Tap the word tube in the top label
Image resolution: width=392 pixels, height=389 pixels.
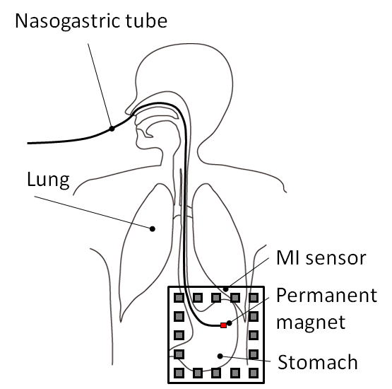tap(146, 21)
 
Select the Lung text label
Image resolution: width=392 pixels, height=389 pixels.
tap(48, 180)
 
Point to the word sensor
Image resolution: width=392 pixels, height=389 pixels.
tap(336, 259)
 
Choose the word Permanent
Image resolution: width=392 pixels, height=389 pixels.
tap(327, 296)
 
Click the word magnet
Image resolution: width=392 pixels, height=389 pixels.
tap(311, 323)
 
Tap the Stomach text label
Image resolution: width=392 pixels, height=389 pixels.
tap(318, 362)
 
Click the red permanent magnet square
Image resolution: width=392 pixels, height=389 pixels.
tap(223, 325)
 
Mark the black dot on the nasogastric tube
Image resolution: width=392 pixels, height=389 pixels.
tap(112, 129)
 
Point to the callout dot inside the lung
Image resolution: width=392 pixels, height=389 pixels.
tap(153, 228)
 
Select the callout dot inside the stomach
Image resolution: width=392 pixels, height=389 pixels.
tap(220, 356)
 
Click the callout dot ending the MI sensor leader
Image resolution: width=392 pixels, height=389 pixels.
tap(226, 289)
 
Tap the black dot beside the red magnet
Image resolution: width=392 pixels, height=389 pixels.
tap(230, 323)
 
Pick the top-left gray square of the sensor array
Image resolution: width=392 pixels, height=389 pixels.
tap(179, 298)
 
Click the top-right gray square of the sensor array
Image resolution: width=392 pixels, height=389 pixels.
tap(254, 298)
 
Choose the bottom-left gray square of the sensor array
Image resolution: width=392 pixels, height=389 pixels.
tap(179, 373)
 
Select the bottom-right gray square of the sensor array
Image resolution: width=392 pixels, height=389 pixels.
tap(254, 373)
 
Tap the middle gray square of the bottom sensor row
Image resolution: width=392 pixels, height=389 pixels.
tap(216, 373)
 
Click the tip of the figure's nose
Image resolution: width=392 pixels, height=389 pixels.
tap(126, 110)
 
